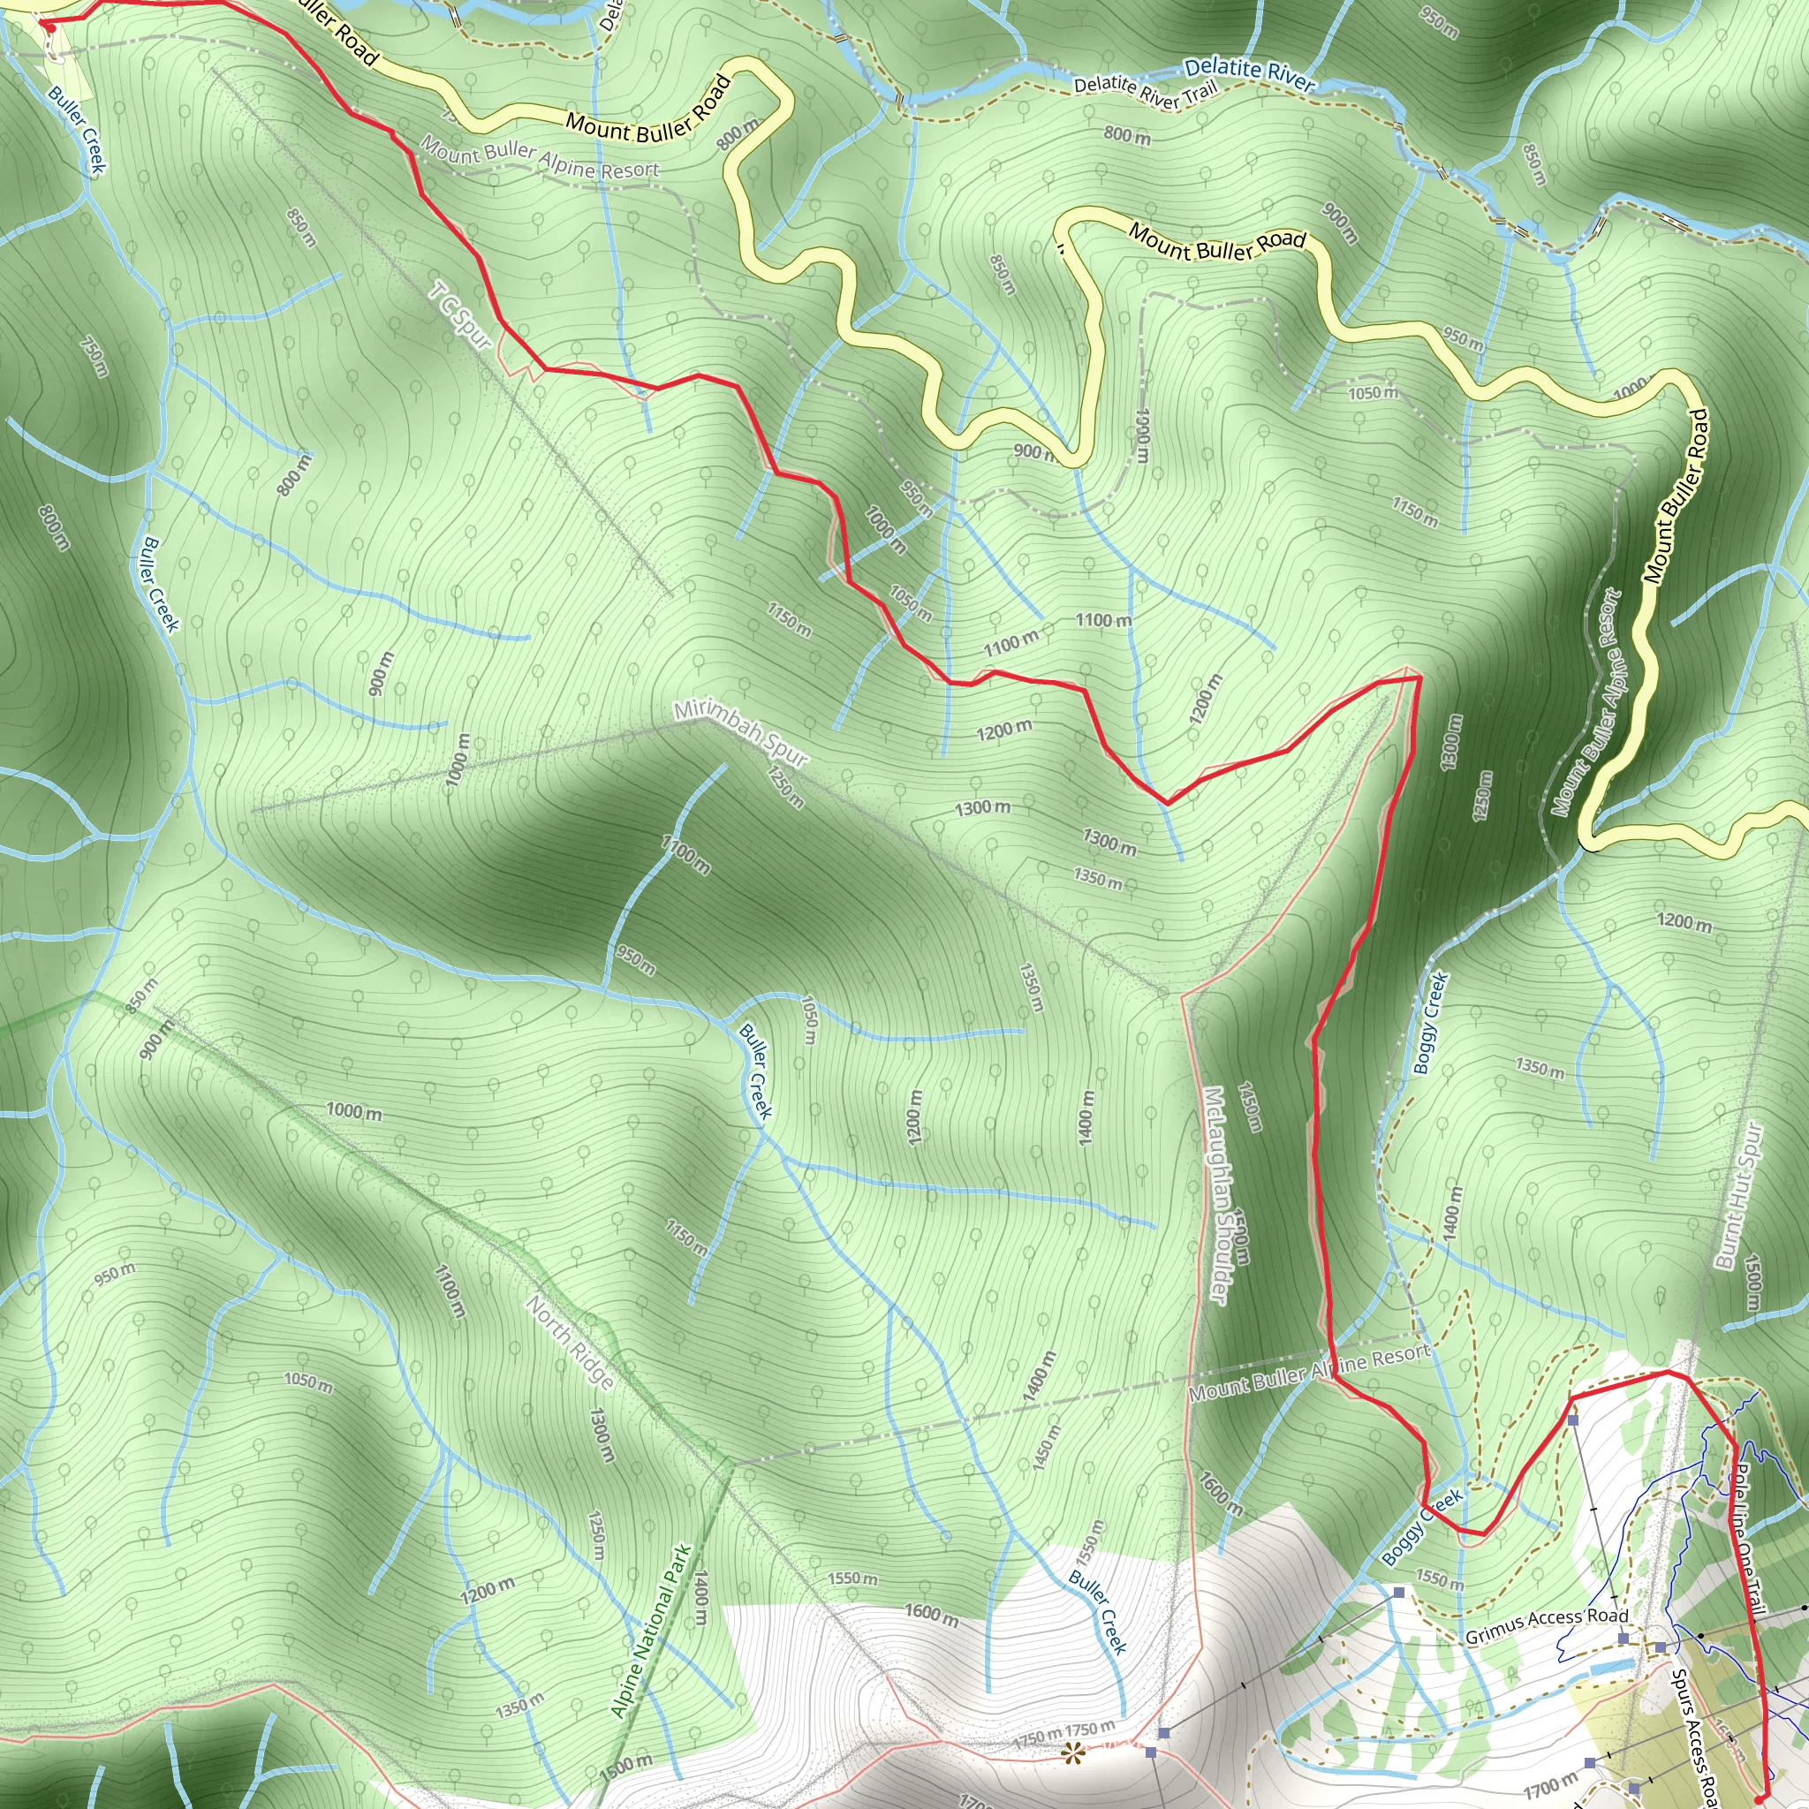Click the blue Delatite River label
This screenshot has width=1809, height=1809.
click(x=1249, y=75)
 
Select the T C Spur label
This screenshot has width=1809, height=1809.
click(x=459, y=316)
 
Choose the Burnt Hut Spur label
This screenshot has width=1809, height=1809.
click(x=1738, y=1196)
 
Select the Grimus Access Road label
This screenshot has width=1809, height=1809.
click(x=1546, y=1626)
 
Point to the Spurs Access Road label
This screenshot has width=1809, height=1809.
click(x=1693, y=1737)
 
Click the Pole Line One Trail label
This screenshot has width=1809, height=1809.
click(x=1747, y=1540)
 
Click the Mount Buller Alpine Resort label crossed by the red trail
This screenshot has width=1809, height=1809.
click(x=1309, y=1373)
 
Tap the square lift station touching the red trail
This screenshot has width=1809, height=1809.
click(x=1573, y=1420)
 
